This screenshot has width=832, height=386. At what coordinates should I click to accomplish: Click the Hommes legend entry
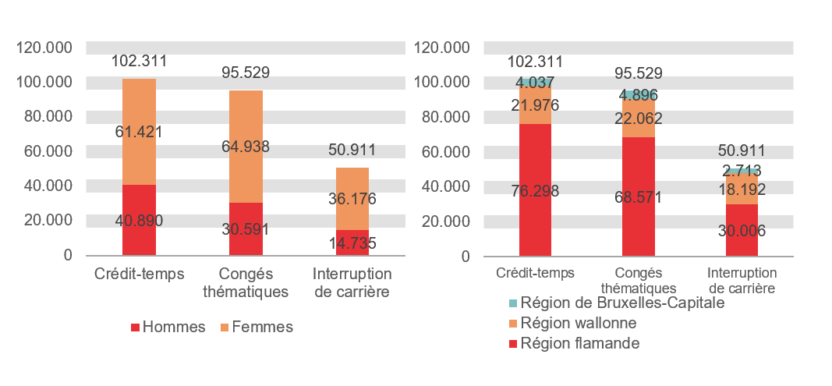tap(168, 328)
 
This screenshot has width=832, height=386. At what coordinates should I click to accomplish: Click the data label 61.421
tap(140, 132)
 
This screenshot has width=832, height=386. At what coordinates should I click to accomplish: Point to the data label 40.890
tap(139, 221)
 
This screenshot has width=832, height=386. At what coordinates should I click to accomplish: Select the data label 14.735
tap(352, 243)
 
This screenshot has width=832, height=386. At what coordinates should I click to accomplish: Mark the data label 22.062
tap(639, 119)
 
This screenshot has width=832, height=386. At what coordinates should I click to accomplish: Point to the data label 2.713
tap(742, 170)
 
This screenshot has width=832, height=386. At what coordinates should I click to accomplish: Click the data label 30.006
tap(742, 231)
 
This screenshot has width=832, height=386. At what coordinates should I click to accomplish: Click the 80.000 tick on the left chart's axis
tap(44, 116)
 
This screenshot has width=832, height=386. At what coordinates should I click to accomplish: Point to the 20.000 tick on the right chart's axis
tap(442, 221)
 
